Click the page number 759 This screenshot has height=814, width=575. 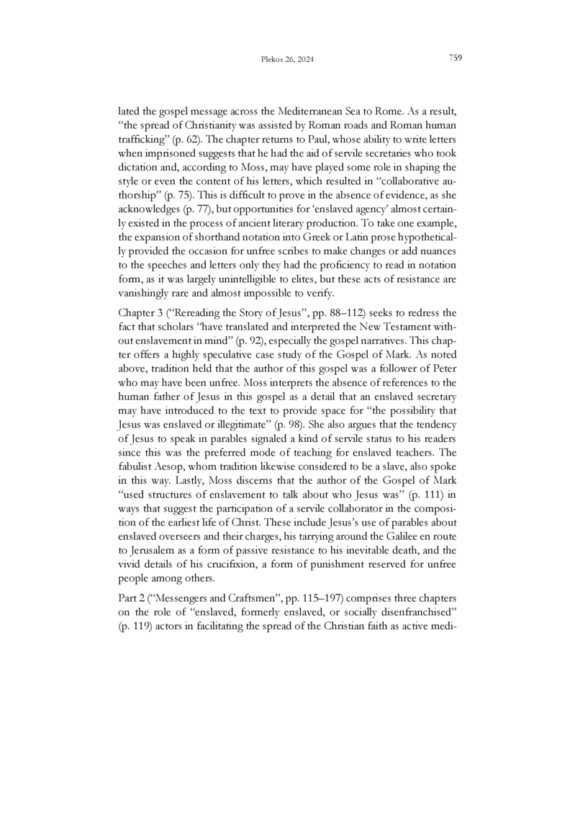pos(455,58)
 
